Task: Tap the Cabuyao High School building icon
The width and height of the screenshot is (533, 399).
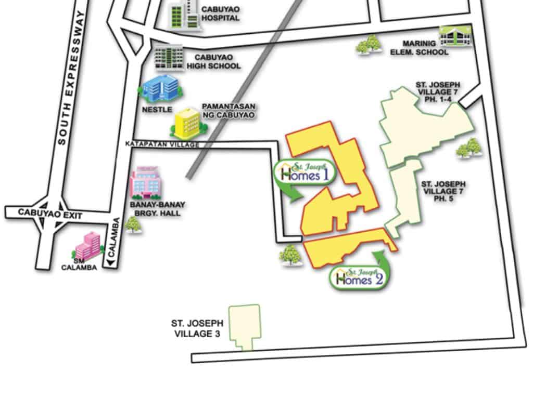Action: point(169,58)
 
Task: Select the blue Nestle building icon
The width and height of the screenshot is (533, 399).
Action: point(160,89)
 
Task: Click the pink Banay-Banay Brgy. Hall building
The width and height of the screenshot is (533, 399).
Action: point(145,182)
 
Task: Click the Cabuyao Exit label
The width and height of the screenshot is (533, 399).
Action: point(43,212)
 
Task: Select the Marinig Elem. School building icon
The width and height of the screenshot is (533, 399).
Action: point(455,36)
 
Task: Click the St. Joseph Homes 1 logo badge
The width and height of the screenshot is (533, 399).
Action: point(304,172)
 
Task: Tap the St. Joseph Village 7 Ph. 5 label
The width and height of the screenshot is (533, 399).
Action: point(443,191)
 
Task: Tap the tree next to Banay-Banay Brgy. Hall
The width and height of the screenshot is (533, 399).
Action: point(133,224)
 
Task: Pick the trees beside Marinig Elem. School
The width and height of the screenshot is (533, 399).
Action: point(369,45)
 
